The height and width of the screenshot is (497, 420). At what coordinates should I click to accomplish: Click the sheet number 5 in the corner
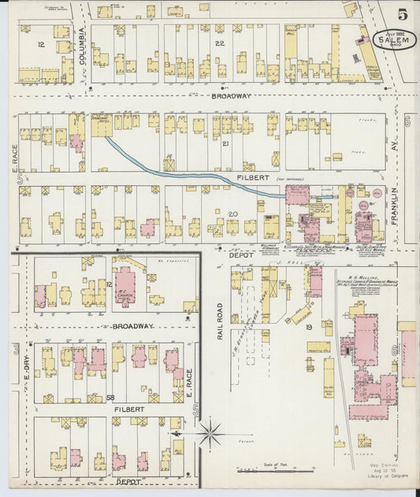click(402, 13)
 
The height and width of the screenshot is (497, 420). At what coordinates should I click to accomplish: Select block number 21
click(225, 143)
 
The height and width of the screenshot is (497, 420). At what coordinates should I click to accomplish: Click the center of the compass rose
click(210, 432)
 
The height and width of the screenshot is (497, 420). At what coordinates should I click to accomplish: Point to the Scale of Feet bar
click(271, 470)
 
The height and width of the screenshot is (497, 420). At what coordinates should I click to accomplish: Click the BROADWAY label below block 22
click(231, 95)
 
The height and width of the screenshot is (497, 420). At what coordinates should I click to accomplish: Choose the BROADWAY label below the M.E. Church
click(110, 325)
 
